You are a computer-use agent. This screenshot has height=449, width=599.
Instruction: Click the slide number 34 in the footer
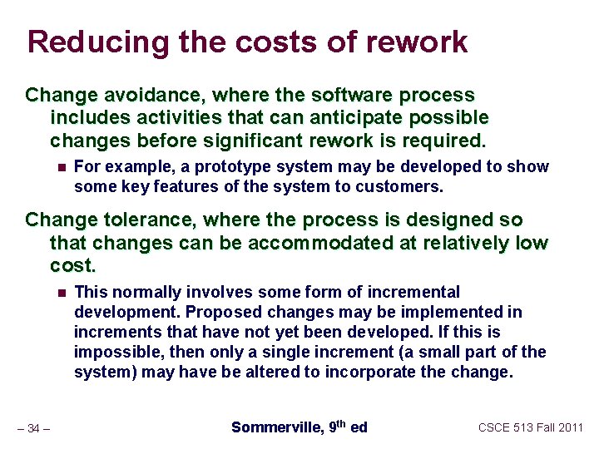pos(33,429)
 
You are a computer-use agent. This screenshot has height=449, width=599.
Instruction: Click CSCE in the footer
pos(498,427)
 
